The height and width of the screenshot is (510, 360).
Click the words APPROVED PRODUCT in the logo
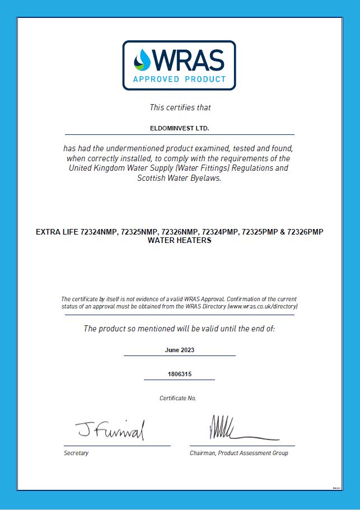point(179,79)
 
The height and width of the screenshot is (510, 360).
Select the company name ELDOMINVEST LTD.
point(179,129)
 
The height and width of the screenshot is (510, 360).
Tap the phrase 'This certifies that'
point(180,107)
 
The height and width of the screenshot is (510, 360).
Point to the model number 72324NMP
point(99,232)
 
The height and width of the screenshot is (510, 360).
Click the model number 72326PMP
point(305,232)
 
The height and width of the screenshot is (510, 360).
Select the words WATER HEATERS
point(180,240)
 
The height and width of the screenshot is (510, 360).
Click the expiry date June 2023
point(180,350)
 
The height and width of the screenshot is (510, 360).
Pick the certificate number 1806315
point(180,373)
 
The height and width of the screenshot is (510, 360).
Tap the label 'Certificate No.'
point(178,398)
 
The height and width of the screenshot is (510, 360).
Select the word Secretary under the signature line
point(76,453)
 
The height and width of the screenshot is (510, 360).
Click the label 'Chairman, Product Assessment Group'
point(239,453)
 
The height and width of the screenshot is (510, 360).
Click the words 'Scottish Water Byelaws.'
point(180,179)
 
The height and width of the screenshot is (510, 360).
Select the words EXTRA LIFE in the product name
point(57,232)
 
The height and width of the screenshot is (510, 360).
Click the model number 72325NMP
point(139,232)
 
